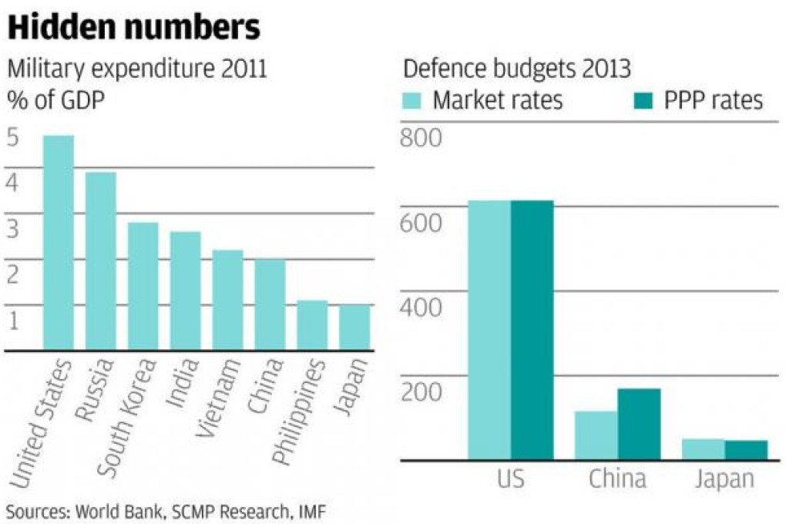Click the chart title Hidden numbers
tap(133, 28)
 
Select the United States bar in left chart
tap(59, 243)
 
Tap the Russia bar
tap(101, 261)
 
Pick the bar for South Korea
tap(143, 286)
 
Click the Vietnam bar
tap(228, 300)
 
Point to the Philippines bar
tap(312, 324)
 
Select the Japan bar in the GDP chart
tap(354, 327)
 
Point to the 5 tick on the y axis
tap(13, 139)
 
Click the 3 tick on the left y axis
tap(13, 229)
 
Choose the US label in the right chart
tap(511, 479)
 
